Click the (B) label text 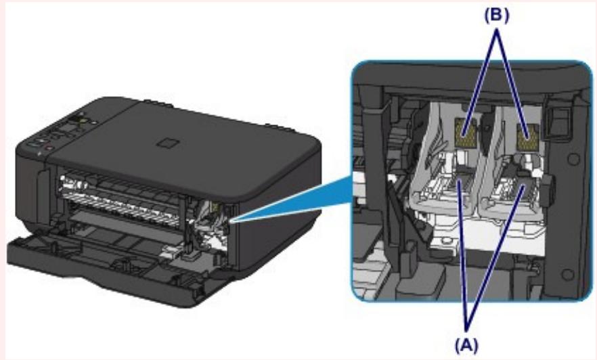point(497,16)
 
